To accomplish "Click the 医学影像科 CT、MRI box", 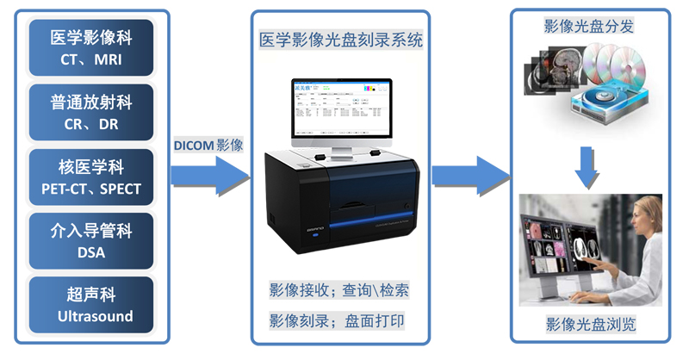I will (x=90, y=49).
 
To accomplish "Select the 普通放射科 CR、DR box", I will (x=90, y=113).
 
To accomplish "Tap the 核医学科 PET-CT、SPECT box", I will (x=90, y=177).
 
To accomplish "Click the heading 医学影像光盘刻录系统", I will (x=341, y=40).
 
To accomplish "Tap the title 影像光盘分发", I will (x=589, y=26).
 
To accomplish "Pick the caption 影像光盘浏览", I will (x=589, y=325).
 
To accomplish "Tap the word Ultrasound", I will (x=96, y=316).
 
